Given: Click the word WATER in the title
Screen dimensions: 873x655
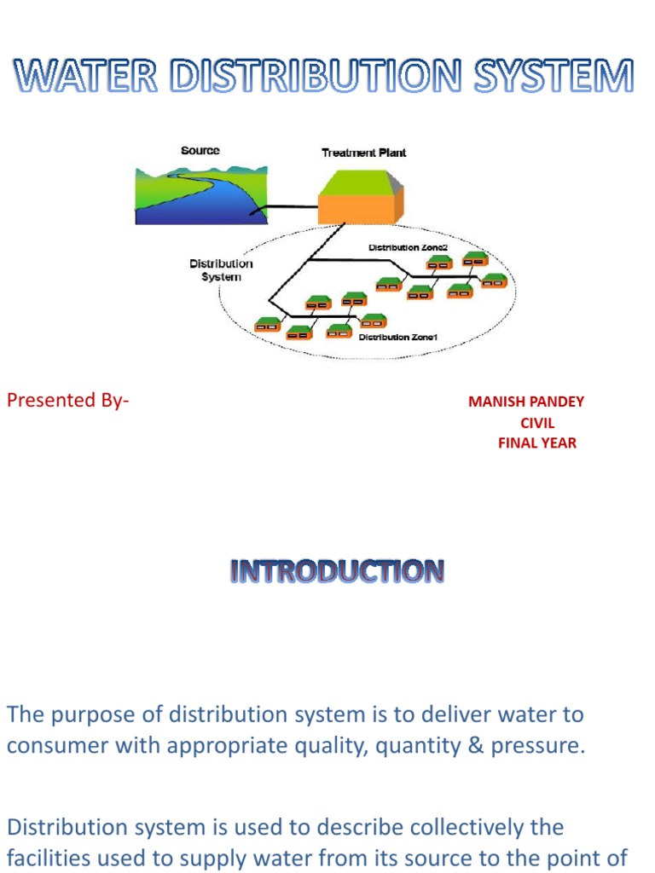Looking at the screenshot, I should (85, 78).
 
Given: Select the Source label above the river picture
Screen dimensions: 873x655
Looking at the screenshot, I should (200, 151).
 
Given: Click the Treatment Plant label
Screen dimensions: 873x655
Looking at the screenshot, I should (363, 153).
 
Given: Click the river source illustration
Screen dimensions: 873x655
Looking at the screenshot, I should (195, 195).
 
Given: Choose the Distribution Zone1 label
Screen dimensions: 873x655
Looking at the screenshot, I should (397, 338).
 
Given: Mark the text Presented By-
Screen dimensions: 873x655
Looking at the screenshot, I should (68, 400).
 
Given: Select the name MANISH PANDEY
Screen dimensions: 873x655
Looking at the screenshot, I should (526, 402).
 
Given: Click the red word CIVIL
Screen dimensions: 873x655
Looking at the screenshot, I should (537, 423).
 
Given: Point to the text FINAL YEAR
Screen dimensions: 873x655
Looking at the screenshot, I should (537, 443).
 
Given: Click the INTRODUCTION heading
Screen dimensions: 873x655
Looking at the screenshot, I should (336, 571).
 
